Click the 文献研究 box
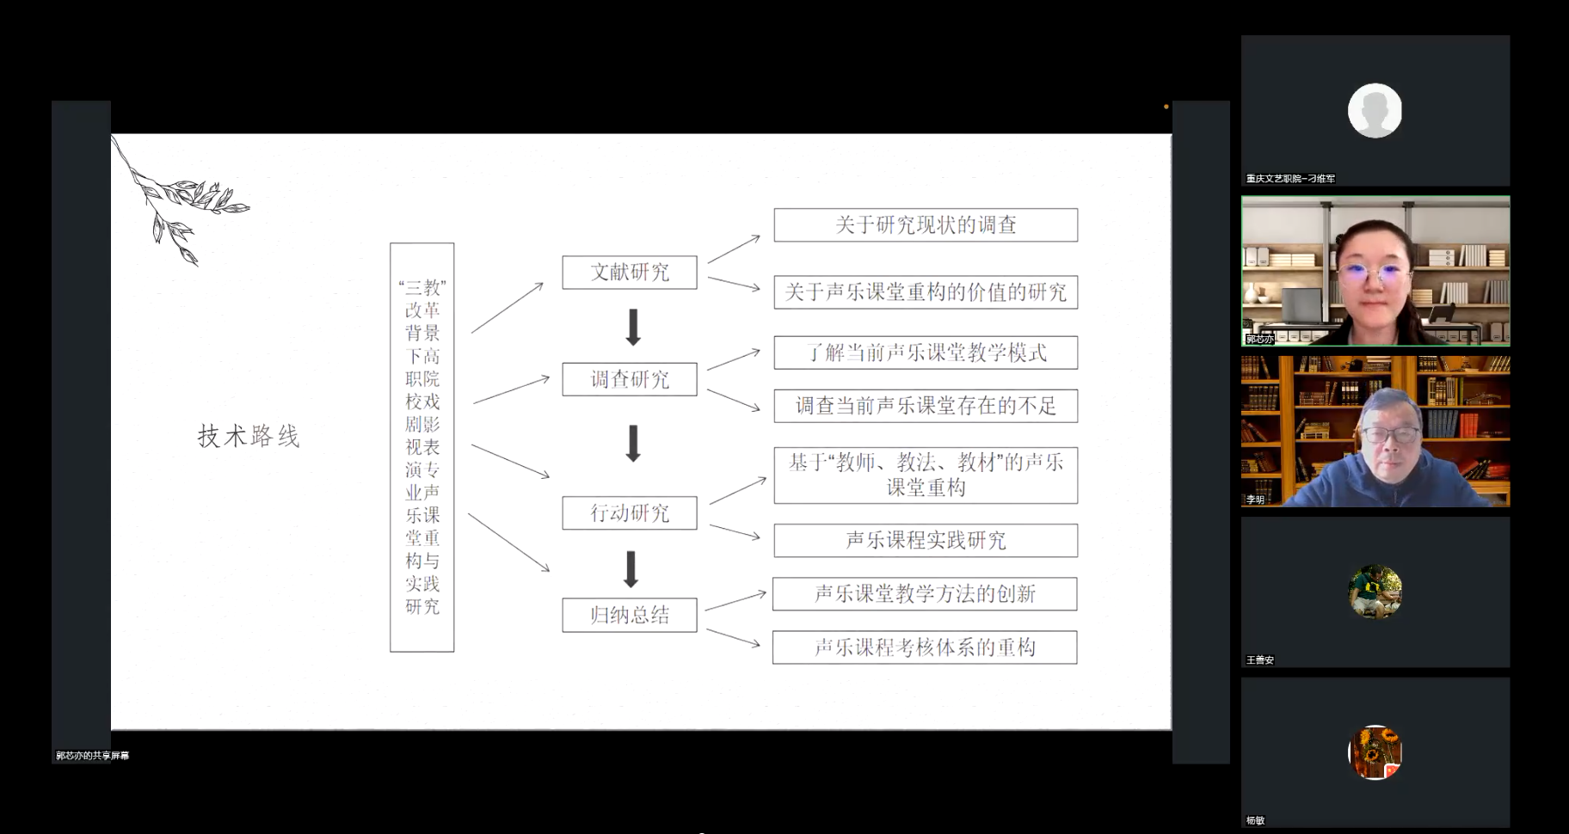[630, 273]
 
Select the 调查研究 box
[630, 379]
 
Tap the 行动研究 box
[630, 513]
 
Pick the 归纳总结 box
[630, 615]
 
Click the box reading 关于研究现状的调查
[926, 225]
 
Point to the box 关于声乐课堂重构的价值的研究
[926, 292]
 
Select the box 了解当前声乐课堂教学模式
[926, 353]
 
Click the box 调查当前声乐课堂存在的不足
[926, 406]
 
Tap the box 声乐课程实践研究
[926, 541]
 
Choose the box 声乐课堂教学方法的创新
[925, 594]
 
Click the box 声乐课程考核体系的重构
[925, 647]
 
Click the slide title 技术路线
[249, 436]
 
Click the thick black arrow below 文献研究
[633, 327]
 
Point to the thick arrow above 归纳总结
[631, 569]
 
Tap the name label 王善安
[1260, 660]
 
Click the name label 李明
[1256, 500]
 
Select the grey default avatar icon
[1375, 110]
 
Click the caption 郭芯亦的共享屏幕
[93, 756]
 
